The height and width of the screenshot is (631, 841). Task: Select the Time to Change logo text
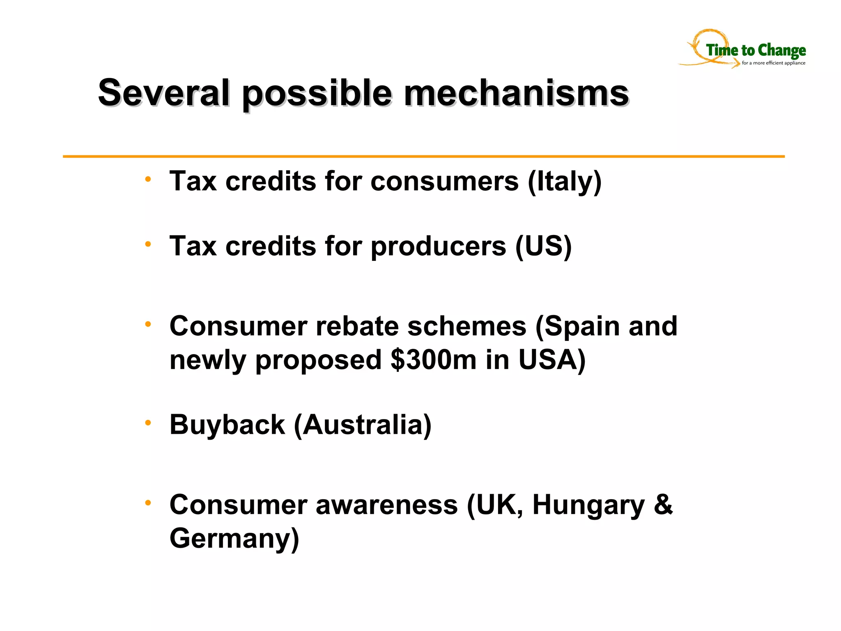pos(756,50)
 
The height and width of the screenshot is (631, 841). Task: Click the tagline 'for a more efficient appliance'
pos(773,63)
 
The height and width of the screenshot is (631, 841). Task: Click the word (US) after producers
pos(543,246)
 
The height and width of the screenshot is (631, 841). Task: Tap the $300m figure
pos(434,360)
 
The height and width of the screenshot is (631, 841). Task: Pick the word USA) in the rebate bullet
pos(552,360)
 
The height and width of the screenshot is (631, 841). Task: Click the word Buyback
pos(227,425)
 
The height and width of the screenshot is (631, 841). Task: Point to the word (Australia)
pos(363,425)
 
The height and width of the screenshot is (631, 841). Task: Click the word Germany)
pos(234,539)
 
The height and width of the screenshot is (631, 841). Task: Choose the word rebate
pos(357,326)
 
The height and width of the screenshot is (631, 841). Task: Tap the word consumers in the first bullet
pos(444,181)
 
